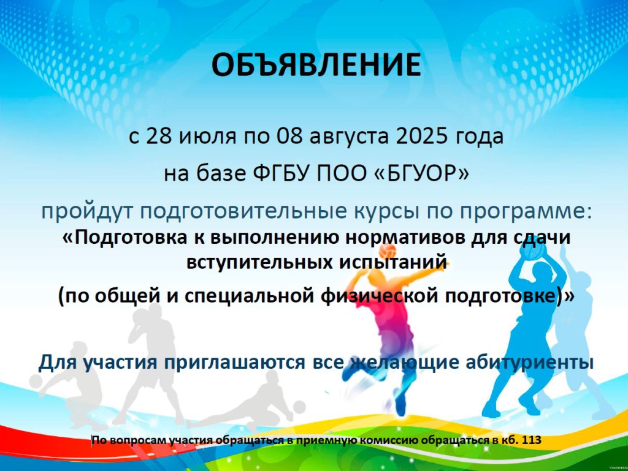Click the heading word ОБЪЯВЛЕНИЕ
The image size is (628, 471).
[x=316, y=65]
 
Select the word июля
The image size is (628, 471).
[x=207, y=137]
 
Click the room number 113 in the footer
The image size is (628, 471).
[x=532, y=440]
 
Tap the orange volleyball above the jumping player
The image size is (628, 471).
[x=388, y=251]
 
